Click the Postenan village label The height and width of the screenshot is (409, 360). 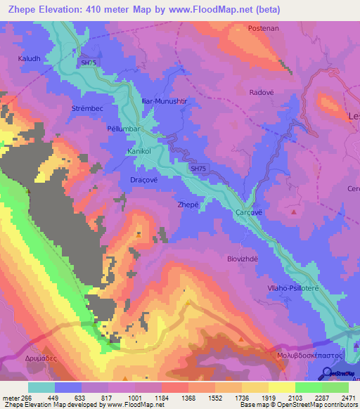(x=265, y=29)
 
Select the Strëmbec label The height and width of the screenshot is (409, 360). (x=88, y=109)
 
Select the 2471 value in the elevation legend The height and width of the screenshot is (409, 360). (x=348, y=398)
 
